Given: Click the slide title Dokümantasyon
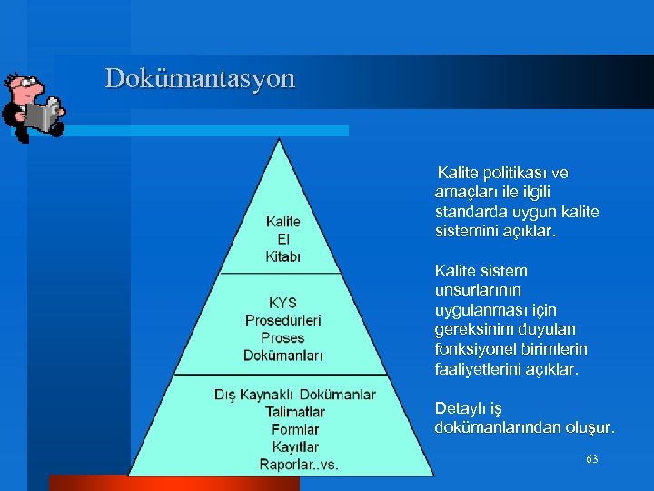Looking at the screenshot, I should click(200, 78).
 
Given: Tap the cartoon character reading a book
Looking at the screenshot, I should click(34, 106).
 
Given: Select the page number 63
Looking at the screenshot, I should click(591, 459).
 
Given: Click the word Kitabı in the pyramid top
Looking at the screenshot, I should click(282, 256).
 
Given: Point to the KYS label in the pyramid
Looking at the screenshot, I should click(282, 303).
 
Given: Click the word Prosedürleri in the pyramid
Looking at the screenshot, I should click(282, 320).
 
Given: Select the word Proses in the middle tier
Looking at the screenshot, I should click(282, 337).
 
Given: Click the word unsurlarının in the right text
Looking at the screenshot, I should click(477, 291).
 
